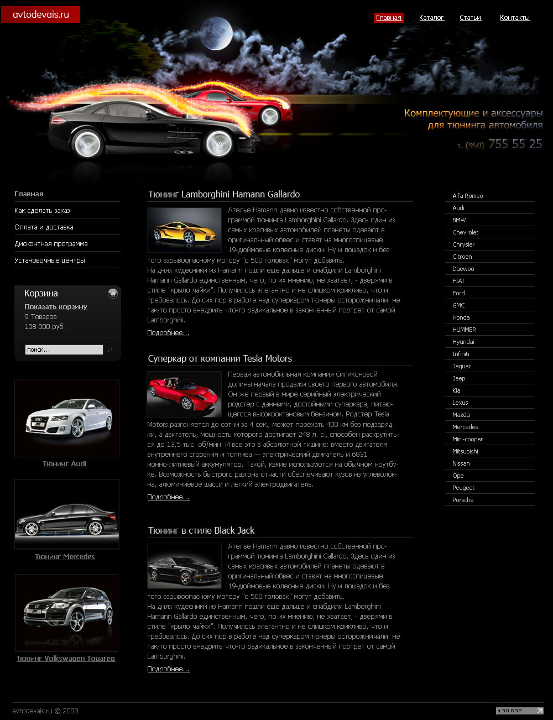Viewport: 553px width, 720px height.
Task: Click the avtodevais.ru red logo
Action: coord(40,14)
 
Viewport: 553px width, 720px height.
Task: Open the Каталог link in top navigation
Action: coord(431,18)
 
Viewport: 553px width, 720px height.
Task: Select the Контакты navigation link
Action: coord(514,18)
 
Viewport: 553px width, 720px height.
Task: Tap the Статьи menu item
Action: coord(470,18)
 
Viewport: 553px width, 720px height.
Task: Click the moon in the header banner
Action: coord(216,34)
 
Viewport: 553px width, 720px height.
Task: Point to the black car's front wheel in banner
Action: coord(218,144)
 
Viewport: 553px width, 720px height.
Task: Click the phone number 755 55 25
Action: coord(515,144)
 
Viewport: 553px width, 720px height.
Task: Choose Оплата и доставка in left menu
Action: coord(44,227)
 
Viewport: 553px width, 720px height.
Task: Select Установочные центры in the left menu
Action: coord(50,260)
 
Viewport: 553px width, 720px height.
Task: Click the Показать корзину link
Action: coord(56,307)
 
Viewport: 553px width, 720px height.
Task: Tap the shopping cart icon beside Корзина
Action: coord(113,294)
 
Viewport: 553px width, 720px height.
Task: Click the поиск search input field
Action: coord(64,349)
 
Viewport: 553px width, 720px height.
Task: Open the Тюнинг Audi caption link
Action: coord(65,464)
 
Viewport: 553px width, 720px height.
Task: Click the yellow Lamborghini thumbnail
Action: coord(184,230)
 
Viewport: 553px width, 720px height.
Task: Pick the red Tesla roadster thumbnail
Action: coord(184,394)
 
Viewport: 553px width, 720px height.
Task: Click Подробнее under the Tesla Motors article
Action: coord(169,497)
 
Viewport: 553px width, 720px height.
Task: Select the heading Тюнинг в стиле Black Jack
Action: coord(201,530)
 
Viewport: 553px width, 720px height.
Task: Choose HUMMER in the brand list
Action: coord(464,330)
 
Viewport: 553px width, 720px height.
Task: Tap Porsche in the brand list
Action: coord(463,500)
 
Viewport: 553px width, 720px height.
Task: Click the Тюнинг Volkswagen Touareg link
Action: coord(66,659)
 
